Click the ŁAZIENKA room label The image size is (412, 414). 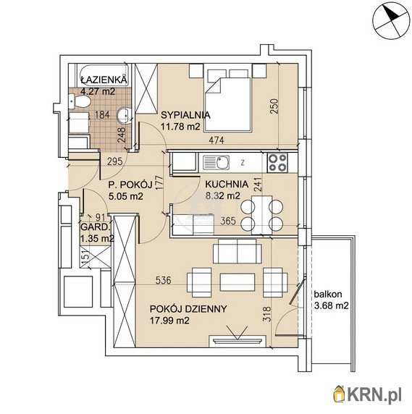[x=104, y=80]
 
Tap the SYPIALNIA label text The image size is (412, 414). [x=185, y=115]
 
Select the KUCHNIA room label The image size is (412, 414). [x=227, y=184]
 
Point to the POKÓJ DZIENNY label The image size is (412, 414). [x=188, y=309]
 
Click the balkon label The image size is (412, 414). [x=328, y=294]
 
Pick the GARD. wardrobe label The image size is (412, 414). [x=95, y=227]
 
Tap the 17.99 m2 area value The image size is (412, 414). [x=169, y=321]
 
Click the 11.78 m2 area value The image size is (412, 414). [x=180, y=127]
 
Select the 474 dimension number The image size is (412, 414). [x=216, y=140]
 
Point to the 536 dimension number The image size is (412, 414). [x=163, y=280]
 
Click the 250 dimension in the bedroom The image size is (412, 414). [x=274, y=106]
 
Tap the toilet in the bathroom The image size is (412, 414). [x=79, y=102]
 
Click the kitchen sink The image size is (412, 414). [x=216, y=163]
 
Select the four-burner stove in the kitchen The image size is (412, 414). [x=277, y=163]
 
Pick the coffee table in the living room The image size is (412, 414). [x=237, y=282]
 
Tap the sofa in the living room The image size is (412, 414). [x=237, y=251]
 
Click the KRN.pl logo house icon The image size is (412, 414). [x=340, y=394]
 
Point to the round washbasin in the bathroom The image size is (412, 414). [x=124, y=115]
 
